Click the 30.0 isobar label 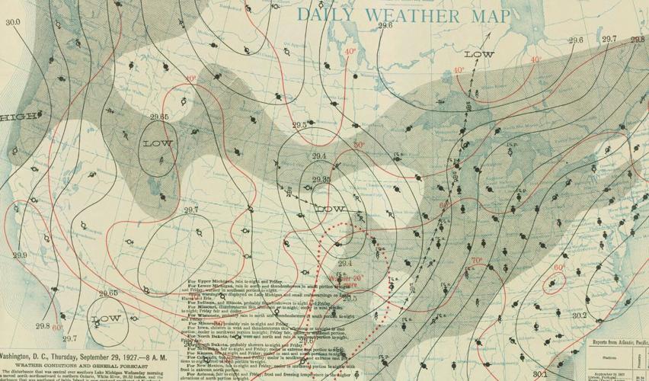coord(13,22)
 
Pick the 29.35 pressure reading coord(321,180)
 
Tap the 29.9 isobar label coord(20,255)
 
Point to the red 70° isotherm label coord(477,261)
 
